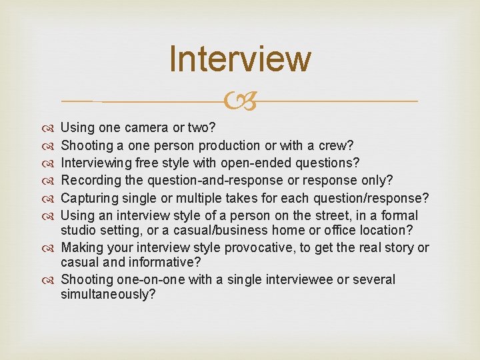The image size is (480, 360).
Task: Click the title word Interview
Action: click(240, 59)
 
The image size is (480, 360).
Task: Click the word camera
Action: click(155, 127)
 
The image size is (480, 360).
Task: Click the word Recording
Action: click(89, 180)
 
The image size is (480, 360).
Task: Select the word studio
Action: click(79, 230)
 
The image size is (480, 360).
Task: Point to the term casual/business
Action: click(233, 230)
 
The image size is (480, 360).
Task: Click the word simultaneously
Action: click(108, 294)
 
